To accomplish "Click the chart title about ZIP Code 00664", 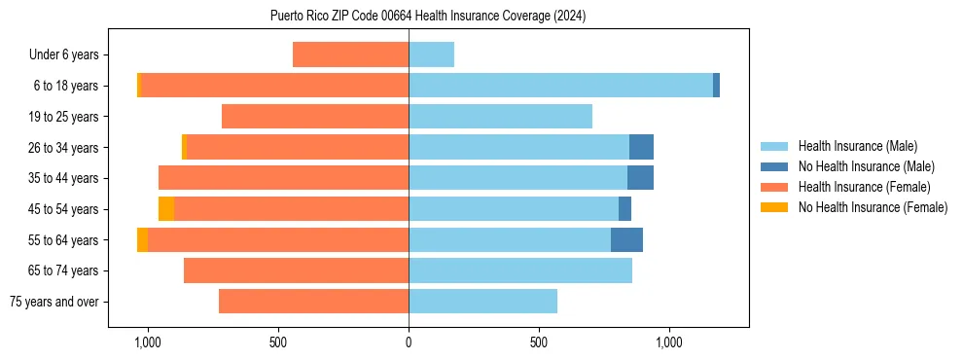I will (428, 16).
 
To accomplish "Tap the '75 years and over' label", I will (54, 302).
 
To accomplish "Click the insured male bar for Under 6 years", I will (431, 55).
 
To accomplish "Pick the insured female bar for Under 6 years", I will (350, 55).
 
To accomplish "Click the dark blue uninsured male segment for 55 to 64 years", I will (626, 239).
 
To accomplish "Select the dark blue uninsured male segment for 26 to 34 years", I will (641, 147).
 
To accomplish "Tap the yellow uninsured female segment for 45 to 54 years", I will (166, 209).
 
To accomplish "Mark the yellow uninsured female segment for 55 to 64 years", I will (142, 239).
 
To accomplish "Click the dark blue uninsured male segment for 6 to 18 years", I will (716, 86).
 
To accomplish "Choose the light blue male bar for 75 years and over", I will (482, 302).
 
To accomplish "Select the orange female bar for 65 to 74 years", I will (296, 270).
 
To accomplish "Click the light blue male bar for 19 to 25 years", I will (500, 117).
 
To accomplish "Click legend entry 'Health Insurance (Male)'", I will (857, 146).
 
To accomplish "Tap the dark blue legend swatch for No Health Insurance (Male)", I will (774, 166).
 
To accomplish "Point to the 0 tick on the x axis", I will (409, 342).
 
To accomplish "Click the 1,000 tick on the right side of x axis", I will (669, 342).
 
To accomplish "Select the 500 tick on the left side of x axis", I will (278, 342).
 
